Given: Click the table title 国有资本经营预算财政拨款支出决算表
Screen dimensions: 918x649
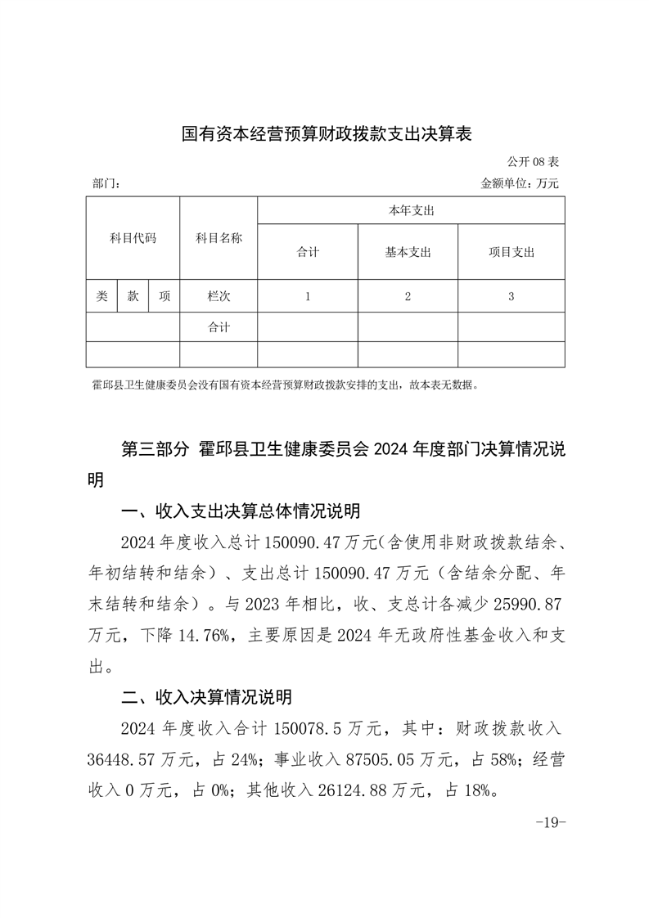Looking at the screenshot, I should point(325,134).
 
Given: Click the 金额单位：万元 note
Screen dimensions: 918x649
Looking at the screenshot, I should point(520,184).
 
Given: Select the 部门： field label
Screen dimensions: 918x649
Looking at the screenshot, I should point(106,184).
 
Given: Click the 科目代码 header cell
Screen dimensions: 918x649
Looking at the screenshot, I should point(133,238).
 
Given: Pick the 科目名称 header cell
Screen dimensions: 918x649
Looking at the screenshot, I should point(219,238).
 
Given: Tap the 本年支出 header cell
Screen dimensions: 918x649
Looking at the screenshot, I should point(411,211).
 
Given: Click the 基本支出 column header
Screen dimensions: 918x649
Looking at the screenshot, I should point(408,252).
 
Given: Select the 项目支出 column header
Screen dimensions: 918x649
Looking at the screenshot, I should point(511,252).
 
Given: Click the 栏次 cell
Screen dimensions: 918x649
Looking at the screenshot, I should point(219,296).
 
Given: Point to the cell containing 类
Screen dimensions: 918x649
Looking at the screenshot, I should point(101,296).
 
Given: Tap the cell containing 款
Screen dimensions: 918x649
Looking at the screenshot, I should point(133,296).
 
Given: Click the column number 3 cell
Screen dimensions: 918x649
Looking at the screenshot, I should point(511,296).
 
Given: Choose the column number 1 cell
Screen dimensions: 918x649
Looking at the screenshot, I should point(308,296).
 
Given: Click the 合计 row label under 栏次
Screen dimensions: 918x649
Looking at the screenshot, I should point(219,326).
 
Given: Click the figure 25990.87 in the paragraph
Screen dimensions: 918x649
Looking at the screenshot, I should point(525,604).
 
